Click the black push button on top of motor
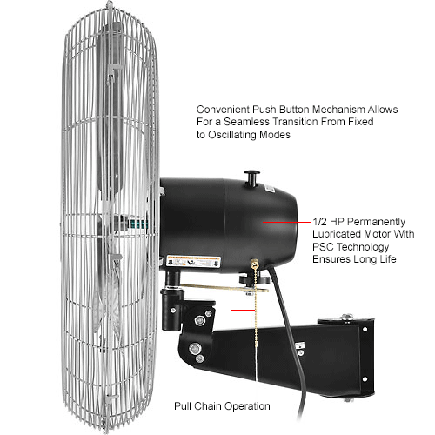tap(251, 177)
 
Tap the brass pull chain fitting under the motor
tap(255, 263)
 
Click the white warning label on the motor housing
tap(194, 262)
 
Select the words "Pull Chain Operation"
tap(222, 406)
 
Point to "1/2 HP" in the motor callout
tap(328, 222)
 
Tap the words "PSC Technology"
tap(351, 247)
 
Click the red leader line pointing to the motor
tap(286, 222)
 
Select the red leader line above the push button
tap(251, 157)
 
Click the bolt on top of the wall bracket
tap(347, 317)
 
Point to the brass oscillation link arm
tap(224, 288)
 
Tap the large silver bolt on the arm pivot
tap(195, 348)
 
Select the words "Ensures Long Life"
tap(354, 259)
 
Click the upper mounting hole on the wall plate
tap(365, 330)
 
